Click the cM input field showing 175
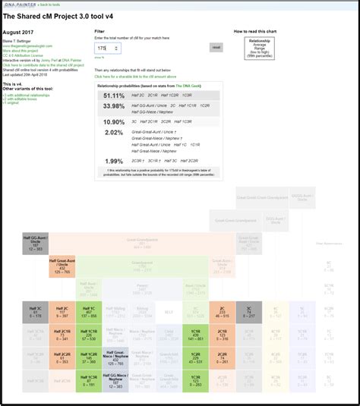[107, 48]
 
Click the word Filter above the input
[99, 32]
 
